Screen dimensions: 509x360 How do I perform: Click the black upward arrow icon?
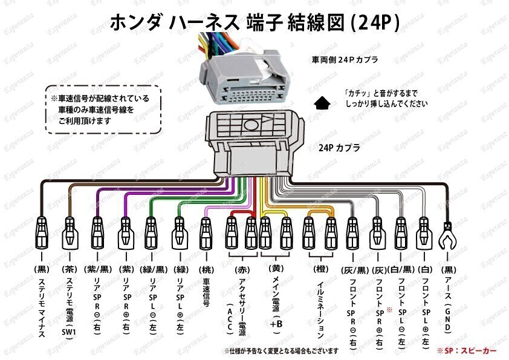322,103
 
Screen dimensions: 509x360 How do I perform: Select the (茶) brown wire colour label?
70,269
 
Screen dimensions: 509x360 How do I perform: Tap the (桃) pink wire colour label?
206,270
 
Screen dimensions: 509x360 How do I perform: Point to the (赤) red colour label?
242,270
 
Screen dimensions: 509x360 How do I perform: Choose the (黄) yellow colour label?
276,269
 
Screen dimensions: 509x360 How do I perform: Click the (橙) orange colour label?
321,269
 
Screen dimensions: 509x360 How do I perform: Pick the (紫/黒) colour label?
97,269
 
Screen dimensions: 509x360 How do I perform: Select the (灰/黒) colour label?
355,270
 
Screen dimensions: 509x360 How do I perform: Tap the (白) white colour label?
424,269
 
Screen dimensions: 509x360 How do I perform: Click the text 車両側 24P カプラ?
345,60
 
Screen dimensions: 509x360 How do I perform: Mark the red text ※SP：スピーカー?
467,351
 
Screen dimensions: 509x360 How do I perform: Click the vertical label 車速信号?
206,292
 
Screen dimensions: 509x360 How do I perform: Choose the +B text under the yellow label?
276,324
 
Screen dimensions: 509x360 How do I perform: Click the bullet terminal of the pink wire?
206,234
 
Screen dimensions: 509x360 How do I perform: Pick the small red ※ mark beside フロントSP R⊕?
389,310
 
